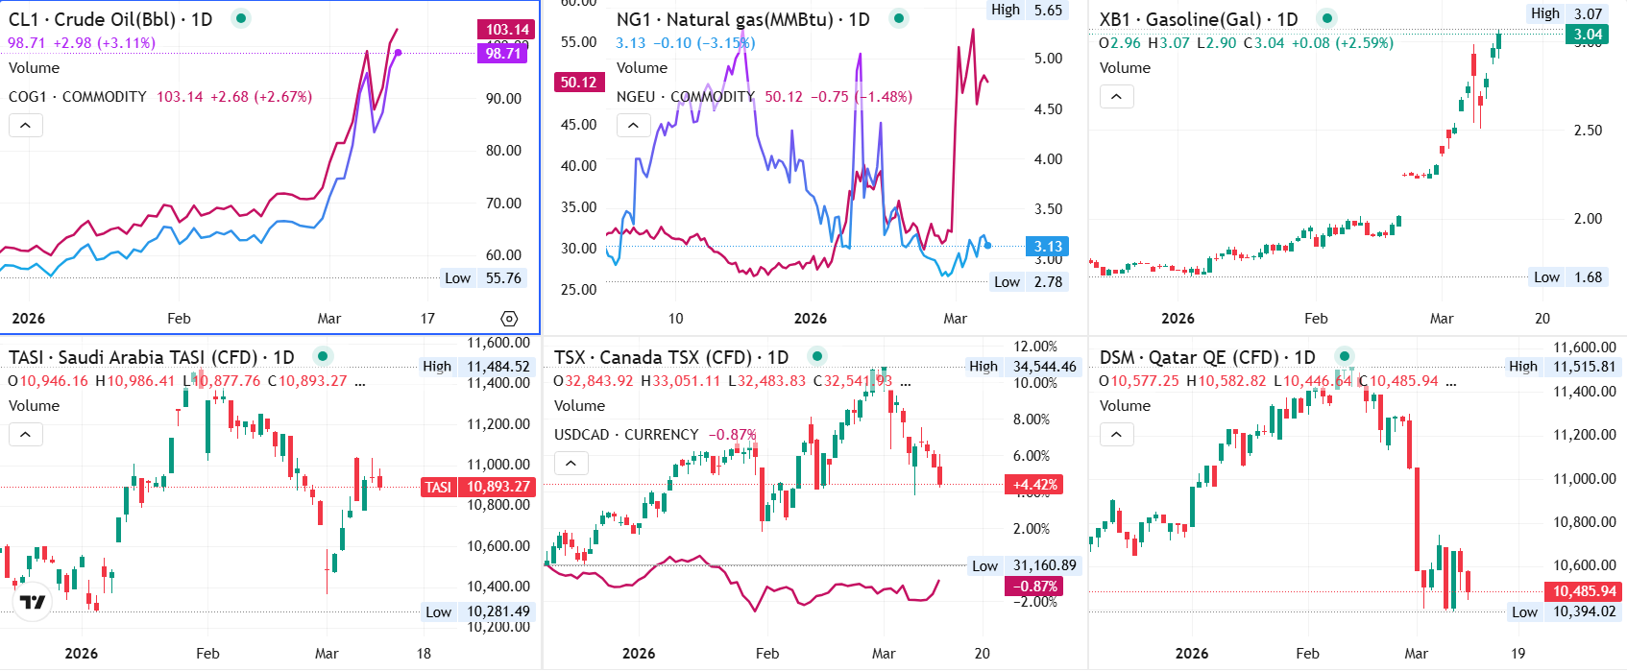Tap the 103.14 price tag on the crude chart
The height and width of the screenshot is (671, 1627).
[x=506, y=30]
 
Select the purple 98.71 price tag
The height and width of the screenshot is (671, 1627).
[x=502, y=53]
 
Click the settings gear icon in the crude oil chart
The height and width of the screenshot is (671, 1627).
[x=509, y=319]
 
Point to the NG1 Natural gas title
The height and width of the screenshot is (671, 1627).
[x=742, y=19]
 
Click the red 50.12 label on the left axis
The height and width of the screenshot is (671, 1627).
[x=578, y=83]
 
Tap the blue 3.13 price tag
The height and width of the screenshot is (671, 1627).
[x=1047, y=247]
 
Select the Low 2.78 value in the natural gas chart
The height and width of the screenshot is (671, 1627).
[x=1048, y=282]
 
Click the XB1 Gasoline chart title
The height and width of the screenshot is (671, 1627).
[x=1198, y=19]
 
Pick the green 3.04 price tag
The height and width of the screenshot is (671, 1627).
[x=1587, y=35]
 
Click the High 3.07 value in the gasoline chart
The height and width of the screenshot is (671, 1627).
[x=1587, y=13]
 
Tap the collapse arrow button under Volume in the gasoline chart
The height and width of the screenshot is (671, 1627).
[x=1116, y=97]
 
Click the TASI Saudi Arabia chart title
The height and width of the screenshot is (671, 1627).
[x=151, y=357]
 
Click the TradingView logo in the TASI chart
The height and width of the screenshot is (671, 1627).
[x=33, y=602]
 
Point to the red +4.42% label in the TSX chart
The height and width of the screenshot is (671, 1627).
[x=1033, y=485]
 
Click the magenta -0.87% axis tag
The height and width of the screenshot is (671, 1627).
[x=1033, y=586]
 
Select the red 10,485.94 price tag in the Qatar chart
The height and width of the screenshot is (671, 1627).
[x=1583, y=591]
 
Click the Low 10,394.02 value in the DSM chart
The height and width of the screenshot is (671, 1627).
[x=1584, y=612]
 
